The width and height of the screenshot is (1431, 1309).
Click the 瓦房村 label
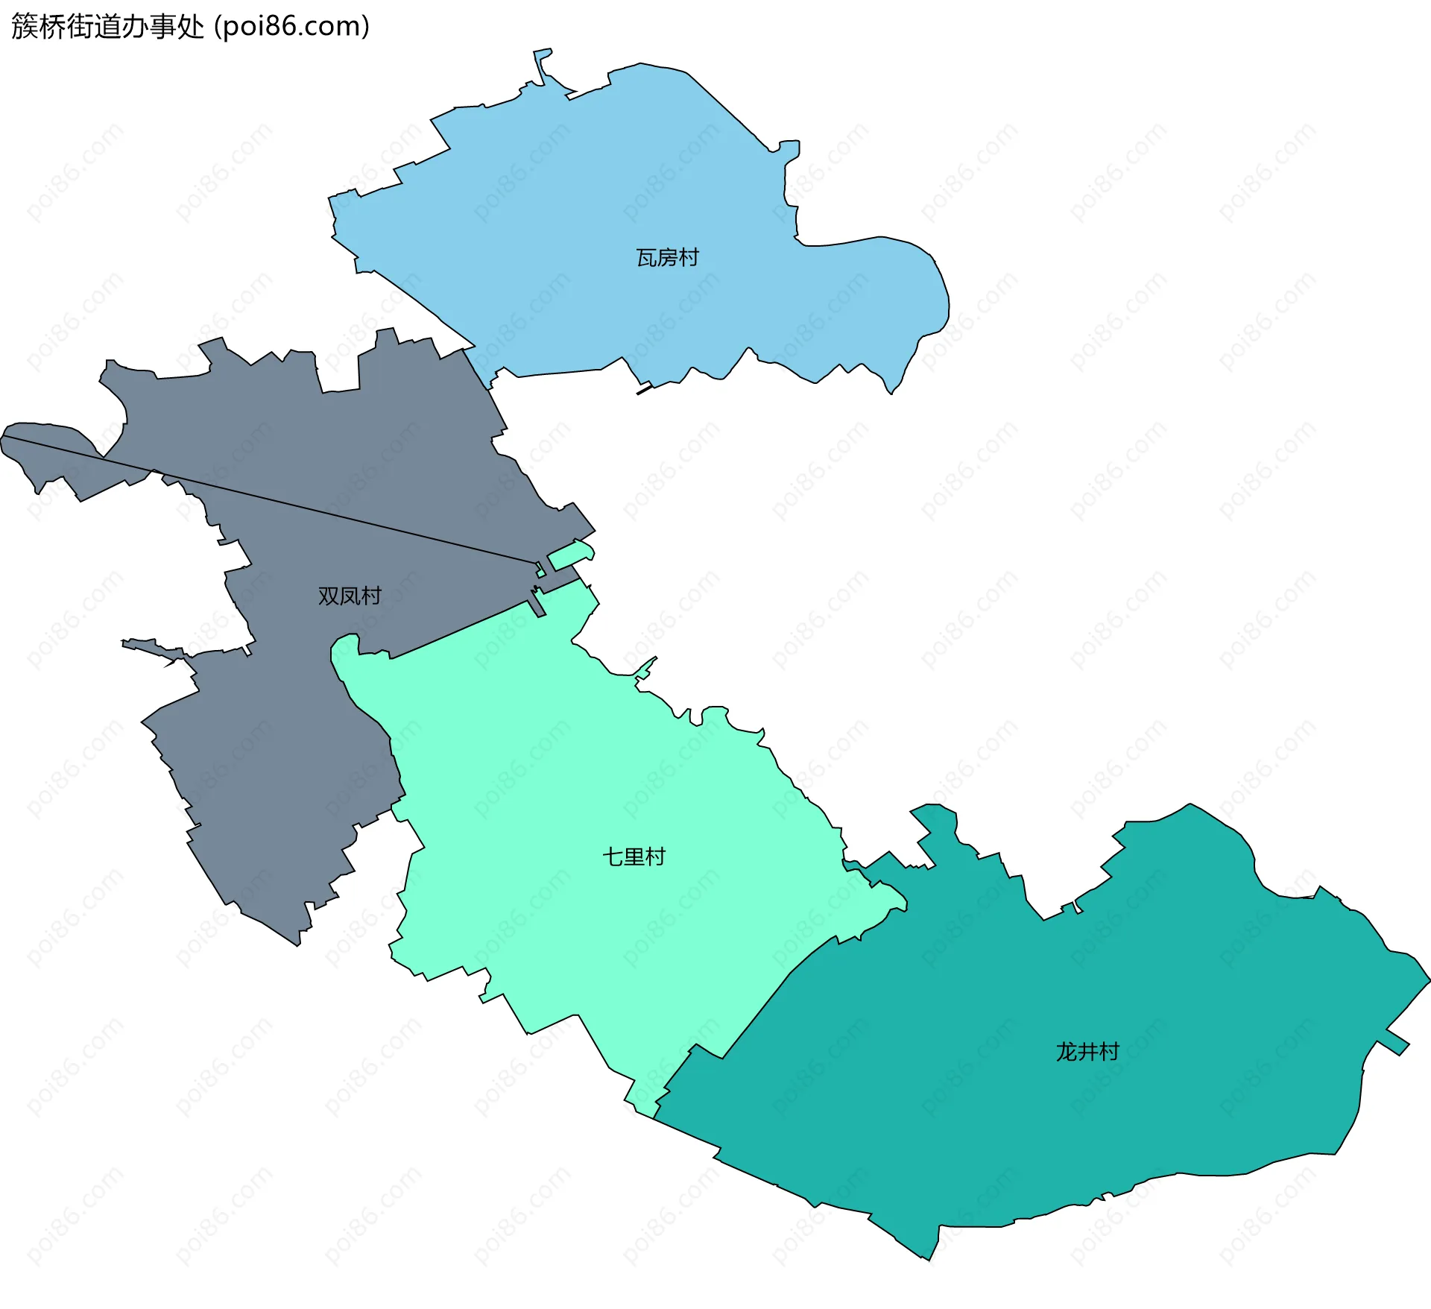tap(667, 258)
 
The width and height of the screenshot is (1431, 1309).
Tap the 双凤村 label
tap(350, 596)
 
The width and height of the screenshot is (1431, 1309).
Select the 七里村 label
tap(634, 857)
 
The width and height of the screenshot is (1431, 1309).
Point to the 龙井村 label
tap(1087, 1052)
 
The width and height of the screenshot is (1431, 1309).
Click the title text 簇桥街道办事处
tap(107, 27)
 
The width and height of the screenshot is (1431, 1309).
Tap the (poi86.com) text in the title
tap(291, 27)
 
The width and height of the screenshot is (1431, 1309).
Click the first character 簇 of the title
tap(25, 27)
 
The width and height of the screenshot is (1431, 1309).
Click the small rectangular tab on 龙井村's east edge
tap(1394, 1042)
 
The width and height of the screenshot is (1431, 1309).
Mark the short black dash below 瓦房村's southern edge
tap(644, 389)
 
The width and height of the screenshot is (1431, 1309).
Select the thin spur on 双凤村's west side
tap(153, 647)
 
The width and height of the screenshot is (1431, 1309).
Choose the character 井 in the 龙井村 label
tap(1087, 1052)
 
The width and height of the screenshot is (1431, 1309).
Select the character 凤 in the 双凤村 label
tap(350, 596)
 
